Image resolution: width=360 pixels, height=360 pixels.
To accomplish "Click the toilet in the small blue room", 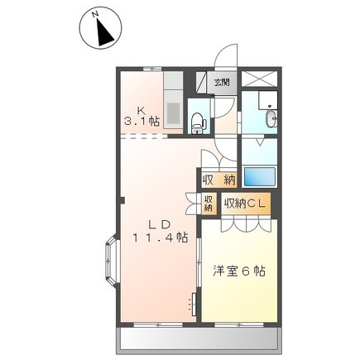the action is pos(197,122).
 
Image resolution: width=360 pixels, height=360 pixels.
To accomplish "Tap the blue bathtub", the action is pos(259,177).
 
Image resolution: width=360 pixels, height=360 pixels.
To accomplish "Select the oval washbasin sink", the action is pos(271,119).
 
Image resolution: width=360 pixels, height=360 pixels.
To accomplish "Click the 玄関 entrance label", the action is pos(222,82).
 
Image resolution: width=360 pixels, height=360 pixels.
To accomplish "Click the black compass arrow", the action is pos(105,32).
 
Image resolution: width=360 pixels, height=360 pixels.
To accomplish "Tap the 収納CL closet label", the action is pos(244,204).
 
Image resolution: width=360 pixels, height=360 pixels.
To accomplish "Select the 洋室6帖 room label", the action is pos(239,271).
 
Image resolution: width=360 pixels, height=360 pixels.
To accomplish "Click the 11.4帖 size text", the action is pos(161,237).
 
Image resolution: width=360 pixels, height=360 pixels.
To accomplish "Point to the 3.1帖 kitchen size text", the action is pos(142,121).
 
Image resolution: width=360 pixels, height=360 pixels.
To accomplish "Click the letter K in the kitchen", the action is pos(141,110).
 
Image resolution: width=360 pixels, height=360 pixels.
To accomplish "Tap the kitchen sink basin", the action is pos(173,113).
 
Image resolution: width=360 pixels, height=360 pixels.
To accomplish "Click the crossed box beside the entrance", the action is pos(259,79).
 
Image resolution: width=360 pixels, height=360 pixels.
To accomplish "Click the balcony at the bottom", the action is pos(199,341).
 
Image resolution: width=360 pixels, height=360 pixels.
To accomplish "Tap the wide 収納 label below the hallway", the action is pos(219,180).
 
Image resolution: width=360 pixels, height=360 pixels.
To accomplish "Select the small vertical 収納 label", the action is pos(209,203).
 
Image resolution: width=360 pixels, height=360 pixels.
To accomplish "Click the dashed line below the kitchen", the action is pos(144,137).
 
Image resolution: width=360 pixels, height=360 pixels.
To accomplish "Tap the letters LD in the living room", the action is pos(159,224).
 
